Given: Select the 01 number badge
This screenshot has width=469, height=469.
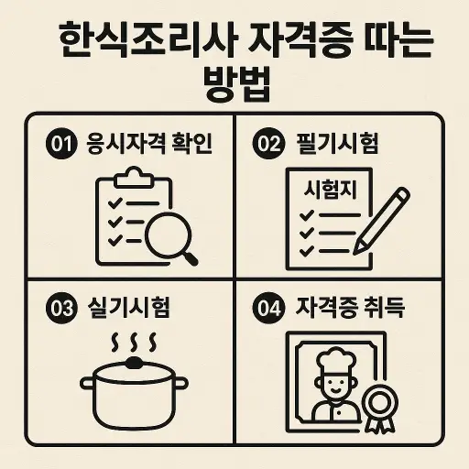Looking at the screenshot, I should coord(60,145).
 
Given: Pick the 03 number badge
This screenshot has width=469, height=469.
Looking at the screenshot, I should coord(60,309).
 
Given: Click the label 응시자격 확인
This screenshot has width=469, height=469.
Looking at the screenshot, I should coord(148,145).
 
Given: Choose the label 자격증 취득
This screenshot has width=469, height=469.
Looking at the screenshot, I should coord(352,309).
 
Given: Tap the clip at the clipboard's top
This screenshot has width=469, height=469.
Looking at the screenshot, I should coord(134,175).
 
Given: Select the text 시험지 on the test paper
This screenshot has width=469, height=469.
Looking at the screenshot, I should coord(330,191).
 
